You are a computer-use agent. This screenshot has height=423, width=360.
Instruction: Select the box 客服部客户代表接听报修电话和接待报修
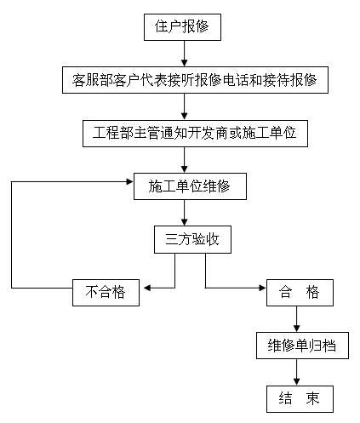(x=195, y=81)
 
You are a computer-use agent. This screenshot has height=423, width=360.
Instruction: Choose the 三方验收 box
(x=191, y=239)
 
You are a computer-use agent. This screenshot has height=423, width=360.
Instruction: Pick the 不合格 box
(x=106, y=292)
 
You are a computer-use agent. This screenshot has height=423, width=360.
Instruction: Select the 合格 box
(x=299, y=292)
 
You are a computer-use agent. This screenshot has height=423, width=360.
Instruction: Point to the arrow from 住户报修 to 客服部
(x=183, y=54)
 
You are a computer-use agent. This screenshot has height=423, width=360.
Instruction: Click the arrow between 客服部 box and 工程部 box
(x=183, y=107)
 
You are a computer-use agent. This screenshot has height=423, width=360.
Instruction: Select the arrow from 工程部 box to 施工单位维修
(x=183, y=160)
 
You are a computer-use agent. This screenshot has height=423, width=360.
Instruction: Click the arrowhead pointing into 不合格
(x=146, y=289)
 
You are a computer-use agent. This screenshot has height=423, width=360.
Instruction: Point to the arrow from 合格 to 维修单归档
(x=295, y=319)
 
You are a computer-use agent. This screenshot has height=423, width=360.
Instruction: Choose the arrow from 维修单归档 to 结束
(x=295, y=372)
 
